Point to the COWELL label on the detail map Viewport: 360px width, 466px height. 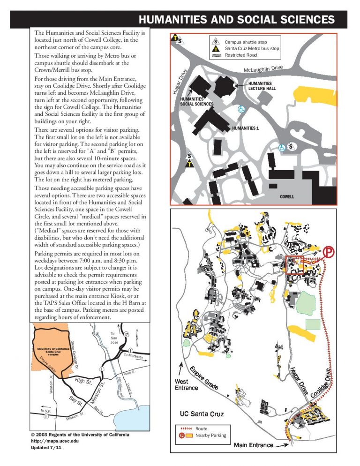tap(286, 197)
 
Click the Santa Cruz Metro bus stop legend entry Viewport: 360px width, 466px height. tap(252, 49)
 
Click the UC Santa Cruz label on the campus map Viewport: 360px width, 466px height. tap(202, 414)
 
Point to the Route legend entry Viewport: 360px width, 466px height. tap(202, 428)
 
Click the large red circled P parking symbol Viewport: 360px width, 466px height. tap(329, 253)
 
